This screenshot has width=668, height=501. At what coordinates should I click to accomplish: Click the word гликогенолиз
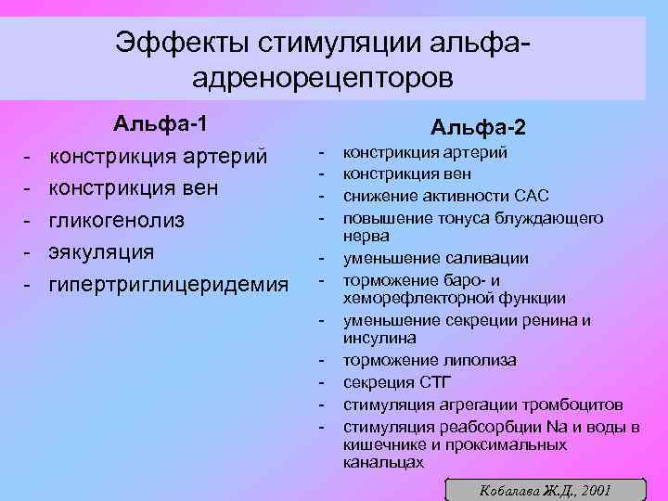click(x=116, y=220)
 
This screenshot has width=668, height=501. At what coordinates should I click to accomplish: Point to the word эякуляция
click(x=101, y=251)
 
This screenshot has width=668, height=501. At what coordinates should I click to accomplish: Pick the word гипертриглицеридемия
click(x=168, y=283)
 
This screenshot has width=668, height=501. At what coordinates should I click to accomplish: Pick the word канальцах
click(x=383, y=461)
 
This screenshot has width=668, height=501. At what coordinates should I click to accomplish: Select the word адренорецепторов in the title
click(x=323, y=76)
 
